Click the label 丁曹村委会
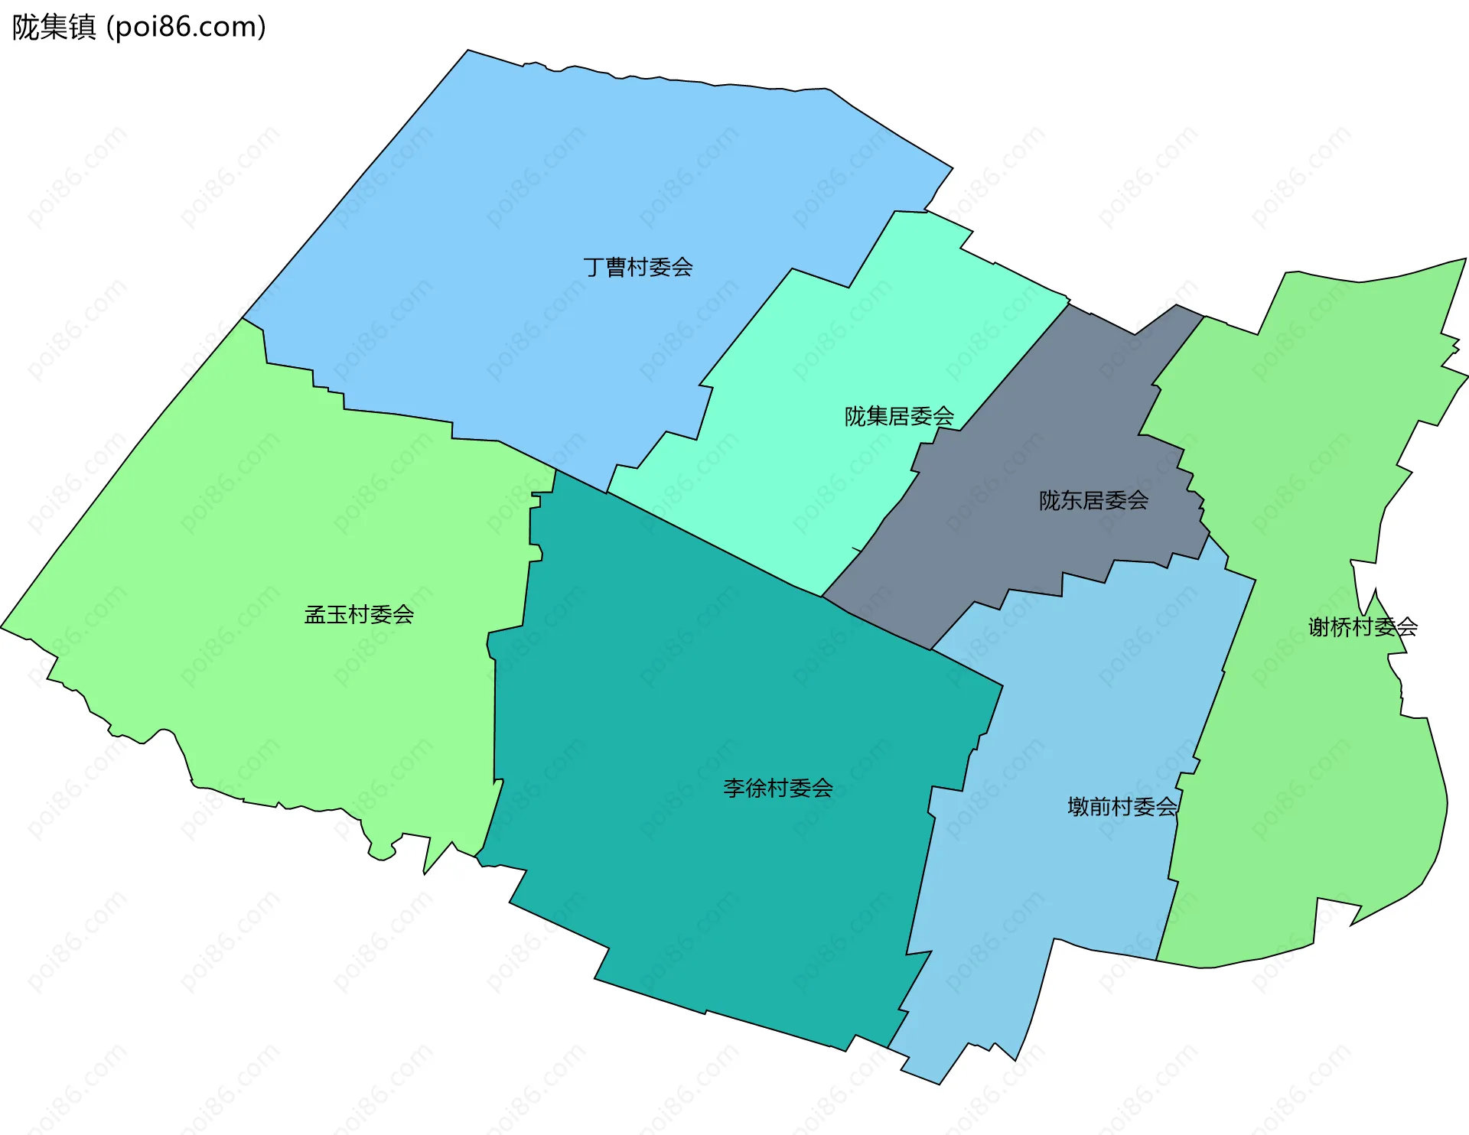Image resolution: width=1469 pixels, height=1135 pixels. (637, 267)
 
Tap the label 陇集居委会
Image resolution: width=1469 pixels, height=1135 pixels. (899, 416)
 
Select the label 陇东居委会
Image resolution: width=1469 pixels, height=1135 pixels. (1093, 500)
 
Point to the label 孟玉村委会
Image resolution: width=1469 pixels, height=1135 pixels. (359, 614)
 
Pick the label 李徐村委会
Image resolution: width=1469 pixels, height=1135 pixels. (777, 788)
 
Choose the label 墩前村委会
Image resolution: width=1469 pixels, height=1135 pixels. (1122, 806)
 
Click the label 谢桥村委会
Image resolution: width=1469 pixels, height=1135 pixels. (1362, 627)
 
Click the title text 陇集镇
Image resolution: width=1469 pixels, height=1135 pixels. (54, 28)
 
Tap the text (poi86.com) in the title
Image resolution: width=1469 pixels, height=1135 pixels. (186, 28)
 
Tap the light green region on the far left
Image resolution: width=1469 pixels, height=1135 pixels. (230, 535)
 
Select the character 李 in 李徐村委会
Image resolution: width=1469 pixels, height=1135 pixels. (734, 788)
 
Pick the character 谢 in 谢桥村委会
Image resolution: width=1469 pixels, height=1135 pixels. (1318, 627)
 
